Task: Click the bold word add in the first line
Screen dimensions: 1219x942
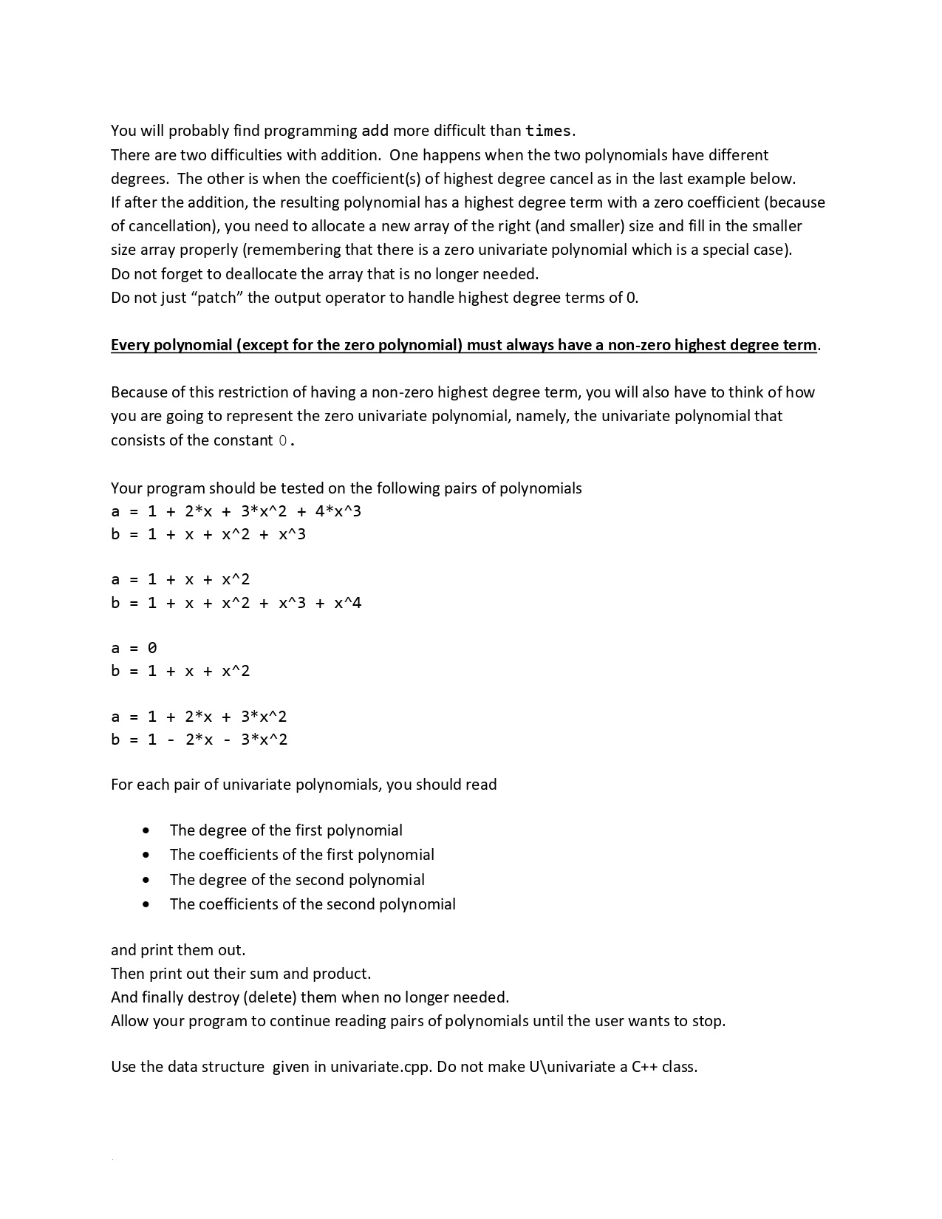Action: [x=375, y=131]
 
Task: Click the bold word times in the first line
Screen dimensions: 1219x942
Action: [x=547, y=131]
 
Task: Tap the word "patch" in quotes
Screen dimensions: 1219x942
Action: [x=220, y=298]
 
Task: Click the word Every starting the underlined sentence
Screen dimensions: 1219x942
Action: [x=130, y=345]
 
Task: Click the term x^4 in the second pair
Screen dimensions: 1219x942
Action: [x=347, y=603]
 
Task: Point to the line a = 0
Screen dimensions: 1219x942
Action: [x=134, y=648]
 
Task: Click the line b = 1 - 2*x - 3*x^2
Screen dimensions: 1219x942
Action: [x=199, y=740]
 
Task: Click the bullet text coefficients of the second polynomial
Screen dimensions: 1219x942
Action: [x=312, y=904]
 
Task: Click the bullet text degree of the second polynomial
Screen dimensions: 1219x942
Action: [x=297, y=879]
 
